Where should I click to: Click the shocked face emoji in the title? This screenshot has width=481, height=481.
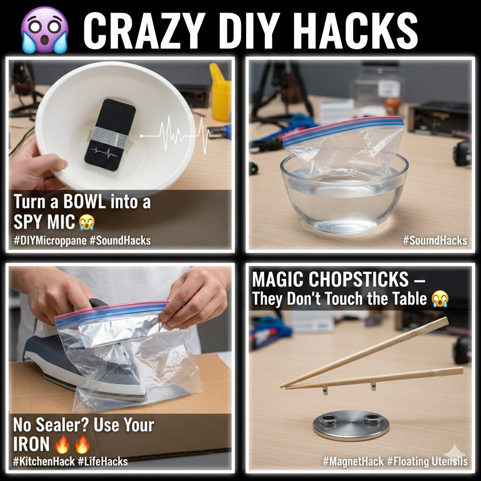(x=45, y=30)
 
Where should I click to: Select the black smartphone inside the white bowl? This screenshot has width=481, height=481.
(x=110, y=134)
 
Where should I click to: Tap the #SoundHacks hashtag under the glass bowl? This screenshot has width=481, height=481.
(x=435, y=241)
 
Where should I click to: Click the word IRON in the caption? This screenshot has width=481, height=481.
(x=32, y=443)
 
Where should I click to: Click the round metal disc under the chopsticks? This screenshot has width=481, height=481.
(x=350, y=425)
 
